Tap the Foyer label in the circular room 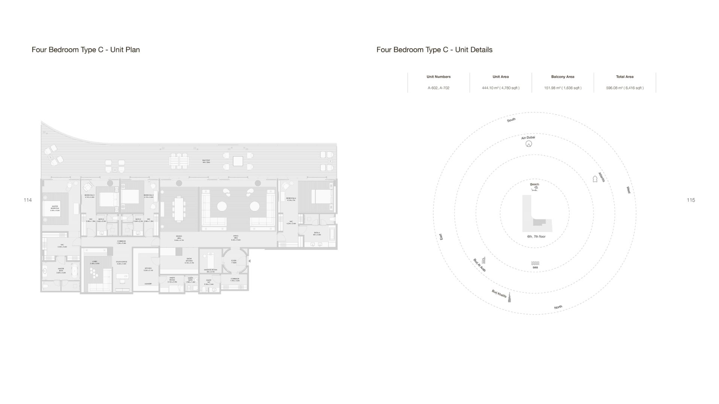tap(234, 261)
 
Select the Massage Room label tap(210, 270)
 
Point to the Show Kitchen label tap(189, 260)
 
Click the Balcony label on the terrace tap(206, 161)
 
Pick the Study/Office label tap(121, 263)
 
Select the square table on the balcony tap(238, 161)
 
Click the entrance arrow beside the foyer tap(249, 261)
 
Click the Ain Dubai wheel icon tap(529, 144)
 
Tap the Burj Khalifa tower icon tap(509, 298)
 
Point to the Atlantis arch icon tap(595, 179)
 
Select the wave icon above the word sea tap(535, 263)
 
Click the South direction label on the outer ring tap(511, 120)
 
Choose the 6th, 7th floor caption tap(536, 236)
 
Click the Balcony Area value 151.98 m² tap(562, 88)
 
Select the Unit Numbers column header tap(439, 77)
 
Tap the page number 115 tap(691, 200)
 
